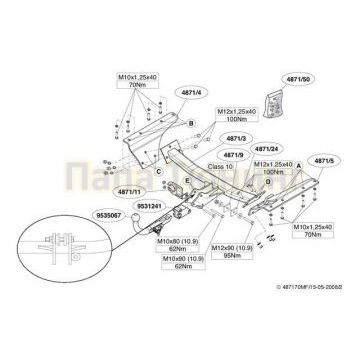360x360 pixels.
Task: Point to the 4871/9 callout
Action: point(236,156)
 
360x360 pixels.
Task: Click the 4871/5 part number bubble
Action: point(323,159)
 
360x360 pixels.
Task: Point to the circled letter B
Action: point(190,121)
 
